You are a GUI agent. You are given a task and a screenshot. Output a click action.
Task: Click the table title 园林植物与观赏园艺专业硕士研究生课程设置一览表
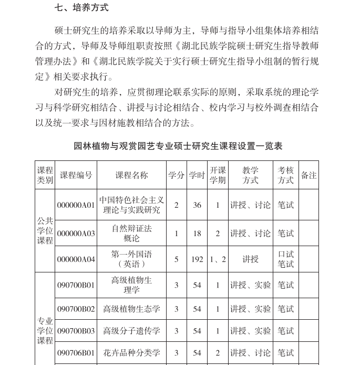(178, 146)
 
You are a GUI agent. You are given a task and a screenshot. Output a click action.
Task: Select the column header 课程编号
(76, 175)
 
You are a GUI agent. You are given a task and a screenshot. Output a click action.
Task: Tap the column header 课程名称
(131, 175)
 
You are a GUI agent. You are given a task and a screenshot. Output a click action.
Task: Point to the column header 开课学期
(218, 175)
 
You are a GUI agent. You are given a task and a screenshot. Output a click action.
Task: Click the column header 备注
(308, 175)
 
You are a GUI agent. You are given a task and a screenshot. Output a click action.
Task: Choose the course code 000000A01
(76, 205)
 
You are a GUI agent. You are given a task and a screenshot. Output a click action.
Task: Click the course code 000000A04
(76, 259)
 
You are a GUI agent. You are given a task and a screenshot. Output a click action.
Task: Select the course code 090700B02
(76, 309)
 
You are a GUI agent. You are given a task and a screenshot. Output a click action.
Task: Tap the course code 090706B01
(76, 353)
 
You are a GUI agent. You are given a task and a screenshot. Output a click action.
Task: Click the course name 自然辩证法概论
(131, 233)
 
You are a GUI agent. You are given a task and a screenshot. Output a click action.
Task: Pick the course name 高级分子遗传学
(131, 331)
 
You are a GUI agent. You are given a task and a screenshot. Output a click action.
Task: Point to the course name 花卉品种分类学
(131, 353)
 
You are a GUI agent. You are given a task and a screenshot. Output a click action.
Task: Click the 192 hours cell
(197, 259)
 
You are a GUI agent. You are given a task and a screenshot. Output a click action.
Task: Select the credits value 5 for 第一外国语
(176, 259)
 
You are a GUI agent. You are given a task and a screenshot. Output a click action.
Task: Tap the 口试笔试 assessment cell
(286, 259)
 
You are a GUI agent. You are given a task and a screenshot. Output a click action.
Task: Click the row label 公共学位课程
(45, 230)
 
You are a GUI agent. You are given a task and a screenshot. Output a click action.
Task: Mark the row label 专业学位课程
(45, 330)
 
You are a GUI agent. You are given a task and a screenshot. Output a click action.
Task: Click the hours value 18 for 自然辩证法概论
(197, 234)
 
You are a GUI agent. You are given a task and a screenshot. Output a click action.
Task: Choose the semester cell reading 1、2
(218, 259)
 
